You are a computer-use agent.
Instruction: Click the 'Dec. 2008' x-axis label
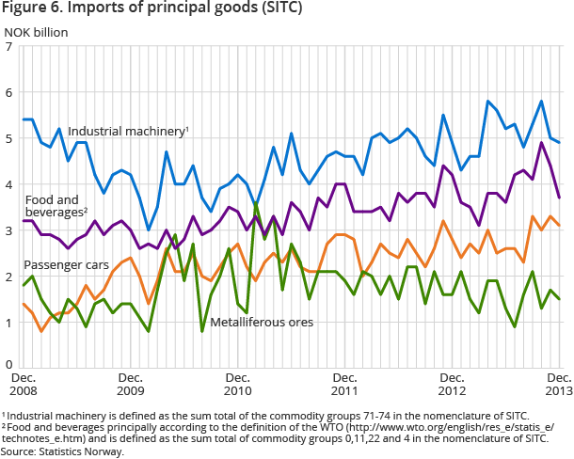pyautogui.click(x=24, y=384)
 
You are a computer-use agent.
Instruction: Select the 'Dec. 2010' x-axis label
pyautogui.click(x=238, y=384)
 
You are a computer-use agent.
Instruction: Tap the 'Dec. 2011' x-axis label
pyautogui.click(x=345, y=384)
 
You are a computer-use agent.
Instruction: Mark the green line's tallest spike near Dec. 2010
pyautogui.click(x=256, y=201)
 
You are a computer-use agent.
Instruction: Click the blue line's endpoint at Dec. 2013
pyautogui.click(x=560, y=142)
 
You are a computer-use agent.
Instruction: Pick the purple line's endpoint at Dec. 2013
pyautogui.click(x=560, y=198)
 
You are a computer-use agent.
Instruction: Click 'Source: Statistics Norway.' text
pyautogui.click(x=63, y=451)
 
